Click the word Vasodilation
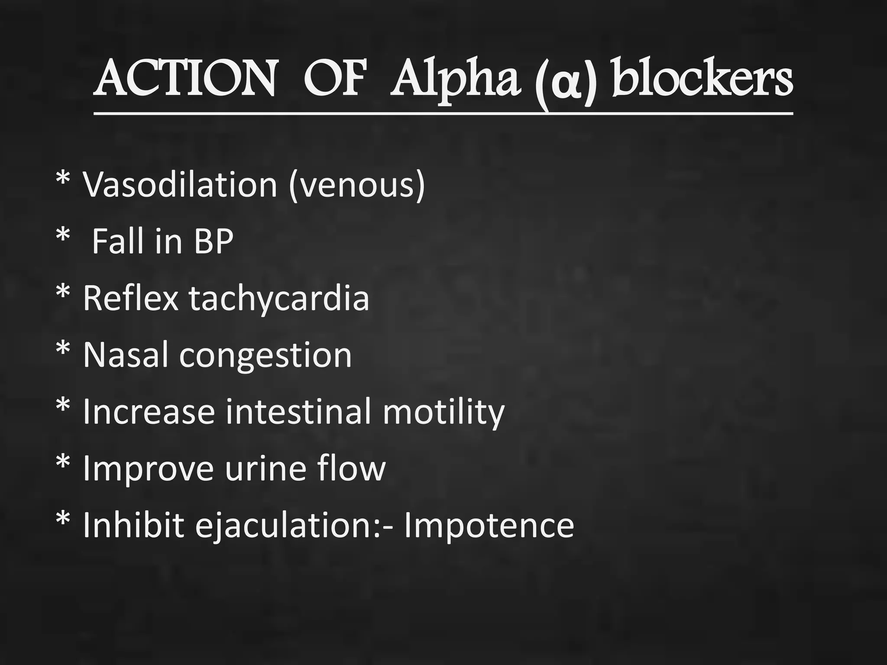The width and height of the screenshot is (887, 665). tap(180, 184)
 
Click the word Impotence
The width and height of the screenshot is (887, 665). tap(489, 526)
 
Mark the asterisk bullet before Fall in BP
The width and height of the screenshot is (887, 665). tap(63, 237)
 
